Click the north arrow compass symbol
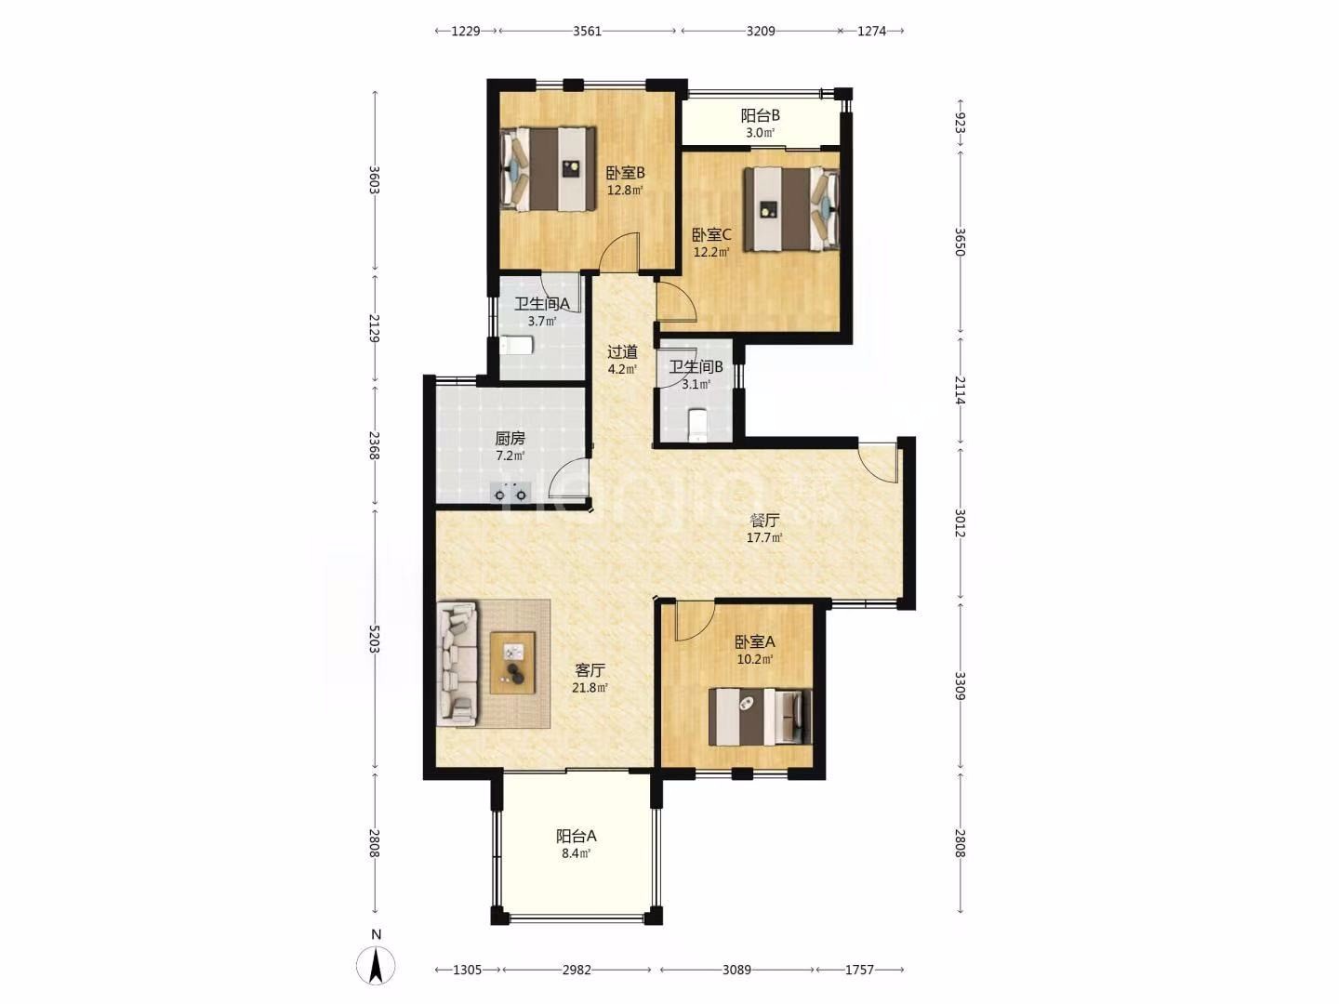coord(376,964)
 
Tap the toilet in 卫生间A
coord(516,346)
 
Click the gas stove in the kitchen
coord(510,492)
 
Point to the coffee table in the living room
coord(512,663)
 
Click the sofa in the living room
coord(457,664)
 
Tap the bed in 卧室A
coord(760,717)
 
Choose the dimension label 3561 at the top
coord(587,31)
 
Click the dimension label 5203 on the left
coord(375,639)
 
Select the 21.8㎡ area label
coord(590,688)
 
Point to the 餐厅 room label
coord(763,521)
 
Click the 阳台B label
coord(760,115)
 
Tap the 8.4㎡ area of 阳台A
coord(576,853)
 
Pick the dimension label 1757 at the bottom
coord(859,970)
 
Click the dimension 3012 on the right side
coord(960,523)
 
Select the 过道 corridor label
coord(622,351)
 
